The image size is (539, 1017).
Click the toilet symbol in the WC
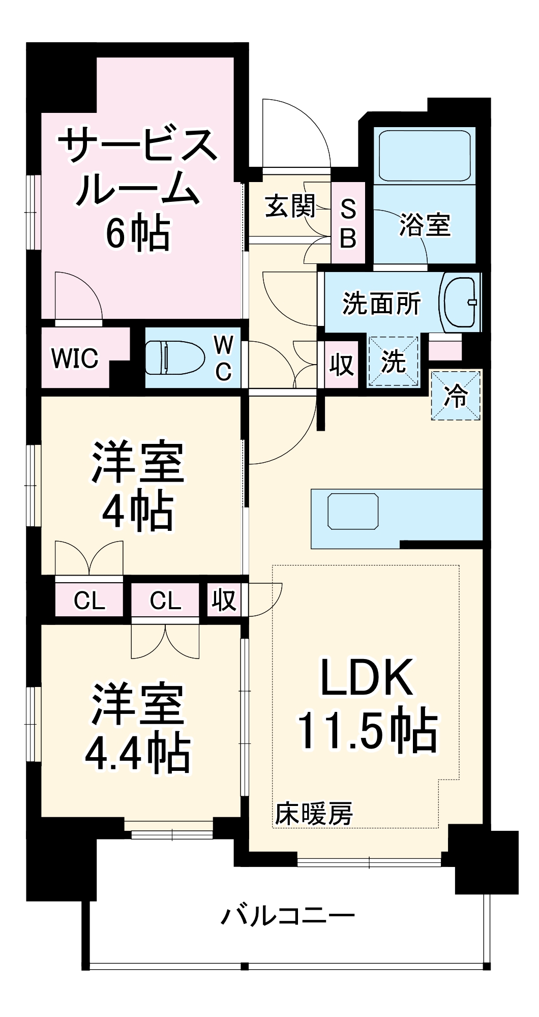coord(168,357)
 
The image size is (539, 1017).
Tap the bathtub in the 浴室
coord(425,156)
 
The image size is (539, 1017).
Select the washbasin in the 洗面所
coord(460,303)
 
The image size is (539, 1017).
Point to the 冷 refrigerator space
coord(456,396)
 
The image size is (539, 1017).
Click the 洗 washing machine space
coord(393,362)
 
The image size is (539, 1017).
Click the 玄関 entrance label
coord(290,206)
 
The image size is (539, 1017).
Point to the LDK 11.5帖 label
coord(366,704)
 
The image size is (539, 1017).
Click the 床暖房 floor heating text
coord(314,814)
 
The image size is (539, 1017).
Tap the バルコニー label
coord(287,915)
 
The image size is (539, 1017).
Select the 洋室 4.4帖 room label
coord(137,730)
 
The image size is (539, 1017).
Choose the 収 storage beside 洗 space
coord(341,364)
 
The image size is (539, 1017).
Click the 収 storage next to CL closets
coord(224,601)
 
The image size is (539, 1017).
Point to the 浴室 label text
coord(425,225)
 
